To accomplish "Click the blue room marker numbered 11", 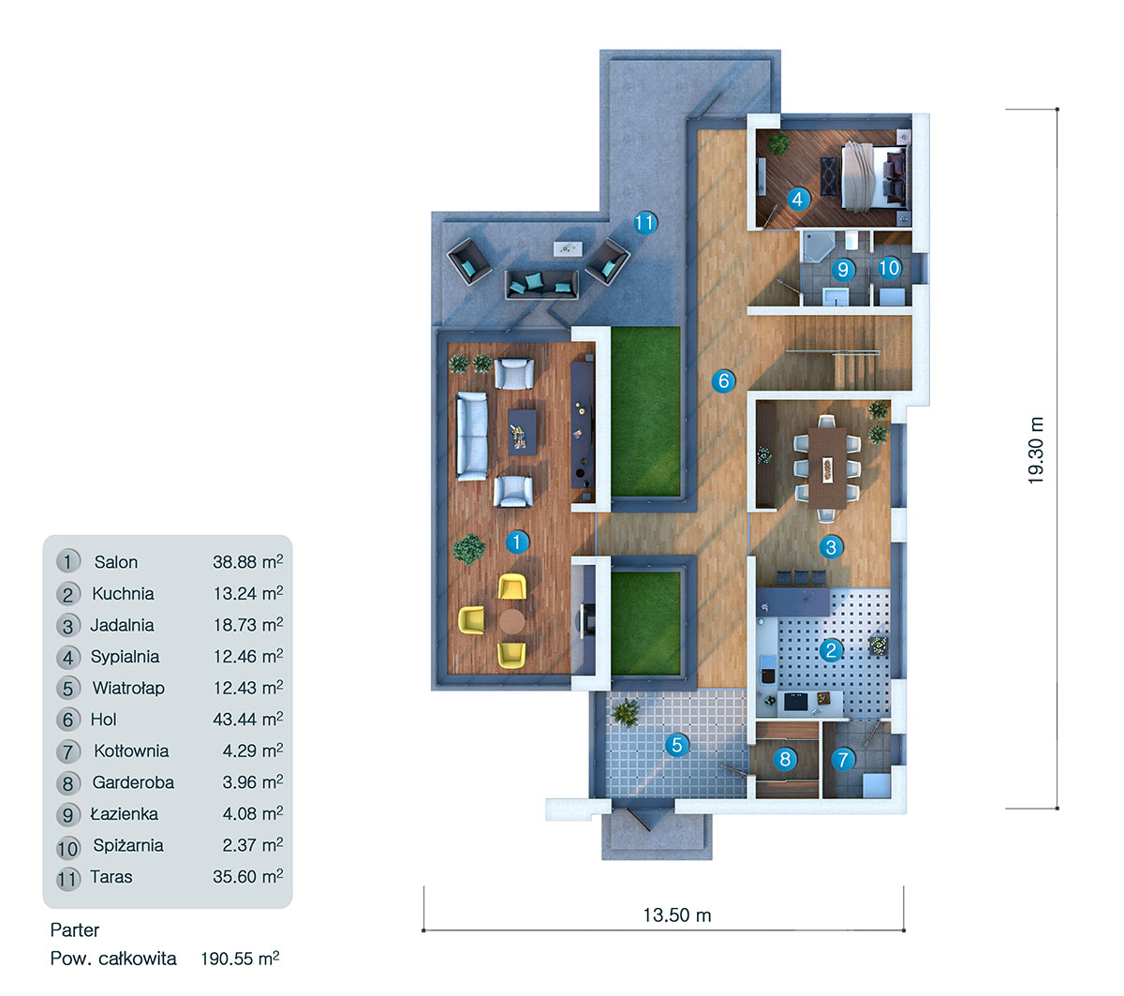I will point(644,223).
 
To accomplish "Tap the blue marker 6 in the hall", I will point(723,380).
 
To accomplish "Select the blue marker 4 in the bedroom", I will point(797,199).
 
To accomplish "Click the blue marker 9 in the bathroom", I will point(843,270).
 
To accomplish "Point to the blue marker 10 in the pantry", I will point(889,268).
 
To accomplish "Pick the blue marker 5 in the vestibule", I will point(676,746).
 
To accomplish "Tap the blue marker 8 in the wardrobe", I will point(786,759).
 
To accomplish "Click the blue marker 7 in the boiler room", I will point(843,759).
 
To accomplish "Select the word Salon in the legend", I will point(116,562).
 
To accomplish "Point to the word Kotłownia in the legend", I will point(131,751).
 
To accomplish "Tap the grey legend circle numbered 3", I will point(67,626).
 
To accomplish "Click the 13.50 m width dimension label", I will point(676,915).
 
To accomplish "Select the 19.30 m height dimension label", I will point(1036,451).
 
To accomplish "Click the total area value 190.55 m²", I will point(240,959).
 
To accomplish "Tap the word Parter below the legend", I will point(75,929).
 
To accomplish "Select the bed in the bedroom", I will point(872,174).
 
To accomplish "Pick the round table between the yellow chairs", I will point(511,620).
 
